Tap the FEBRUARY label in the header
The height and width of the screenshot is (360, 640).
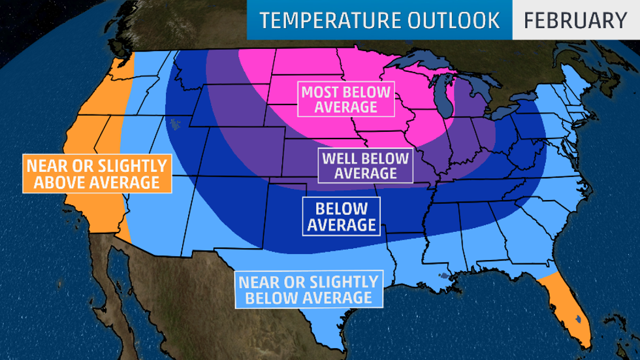point(575,20)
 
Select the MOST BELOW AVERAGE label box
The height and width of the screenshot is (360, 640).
point(345,99)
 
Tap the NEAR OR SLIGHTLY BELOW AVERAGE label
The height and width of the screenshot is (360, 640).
point(308,290)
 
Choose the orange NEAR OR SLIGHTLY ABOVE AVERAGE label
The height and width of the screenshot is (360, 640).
point(97,173)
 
